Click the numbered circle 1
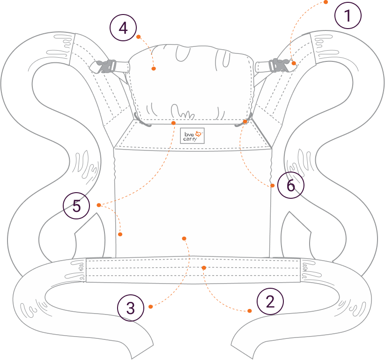(348, 16)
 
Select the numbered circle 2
(270, 300)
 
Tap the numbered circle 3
(131, 308)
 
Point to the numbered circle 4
(123, 28)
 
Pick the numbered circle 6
(290, 186)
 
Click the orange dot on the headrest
(154, 68)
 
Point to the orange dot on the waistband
(204, 268)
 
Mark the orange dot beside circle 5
(98, 205)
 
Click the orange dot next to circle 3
(150, 307)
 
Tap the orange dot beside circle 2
(250, 311)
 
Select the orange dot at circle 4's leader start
(139, 36)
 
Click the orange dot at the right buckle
(293, 63)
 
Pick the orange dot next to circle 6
(272, 186)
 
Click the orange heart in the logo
(199, 134)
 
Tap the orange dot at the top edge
(326, 2)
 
